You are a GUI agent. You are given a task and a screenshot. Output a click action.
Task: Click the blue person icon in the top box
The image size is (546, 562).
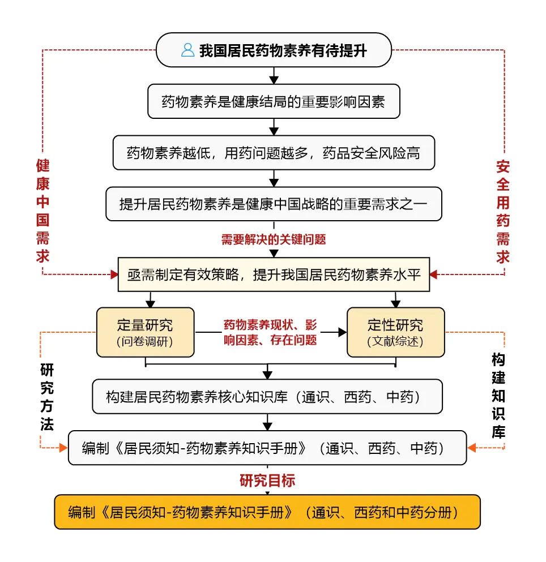[187, 50]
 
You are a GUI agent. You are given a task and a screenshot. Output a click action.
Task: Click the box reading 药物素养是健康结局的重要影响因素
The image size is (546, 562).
[274, 101]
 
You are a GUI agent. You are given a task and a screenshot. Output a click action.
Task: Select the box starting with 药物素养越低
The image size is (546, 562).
[274, 153]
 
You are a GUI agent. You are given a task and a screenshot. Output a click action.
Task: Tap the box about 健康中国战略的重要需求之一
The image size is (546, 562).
[274, 204]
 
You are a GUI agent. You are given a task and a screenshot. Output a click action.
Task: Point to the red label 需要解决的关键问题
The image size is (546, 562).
[274, 239]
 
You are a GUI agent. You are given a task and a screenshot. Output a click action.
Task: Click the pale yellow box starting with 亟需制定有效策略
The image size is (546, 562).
[274, 274]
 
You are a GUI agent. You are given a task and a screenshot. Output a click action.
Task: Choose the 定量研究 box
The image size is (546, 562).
[146, 332]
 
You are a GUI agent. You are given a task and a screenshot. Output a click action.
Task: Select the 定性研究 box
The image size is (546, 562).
[396, 332]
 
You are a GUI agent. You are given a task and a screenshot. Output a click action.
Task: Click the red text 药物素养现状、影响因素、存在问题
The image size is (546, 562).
[270, 332]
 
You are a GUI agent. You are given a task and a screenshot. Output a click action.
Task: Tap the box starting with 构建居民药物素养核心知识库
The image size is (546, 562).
[267, 397]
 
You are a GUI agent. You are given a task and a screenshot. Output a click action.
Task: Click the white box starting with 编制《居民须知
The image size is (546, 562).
[267, 448]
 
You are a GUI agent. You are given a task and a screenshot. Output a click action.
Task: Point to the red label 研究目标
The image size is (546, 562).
[267, 481]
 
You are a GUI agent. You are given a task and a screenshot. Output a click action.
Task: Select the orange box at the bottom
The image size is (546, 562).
[267, 512]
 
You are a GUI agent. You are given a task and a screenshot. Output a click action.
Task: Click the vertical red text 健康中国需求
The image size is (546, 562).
[42, 211]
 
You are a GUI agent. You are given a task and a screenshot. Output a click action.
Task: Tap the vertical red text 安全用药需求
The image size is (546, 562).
[503, 212]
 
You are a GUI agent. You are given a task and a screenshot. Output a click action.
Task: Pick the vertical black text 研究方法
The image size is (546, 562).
[47, 397]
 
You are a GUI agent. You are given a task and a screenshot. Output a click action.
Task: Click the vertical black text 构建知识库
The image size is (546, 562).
[498, 396]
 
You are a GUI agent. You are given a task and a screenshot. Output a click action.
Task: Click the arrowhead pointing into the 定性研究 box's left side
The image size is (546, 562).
[343, 332]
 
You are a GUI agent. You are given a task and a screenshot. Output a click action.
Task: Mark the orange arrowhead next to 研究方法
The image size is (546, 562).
[63, 448]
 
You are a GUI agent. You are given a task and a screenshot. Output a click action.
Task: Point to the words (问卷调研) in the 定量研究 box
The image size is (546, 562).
[145, 342]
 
